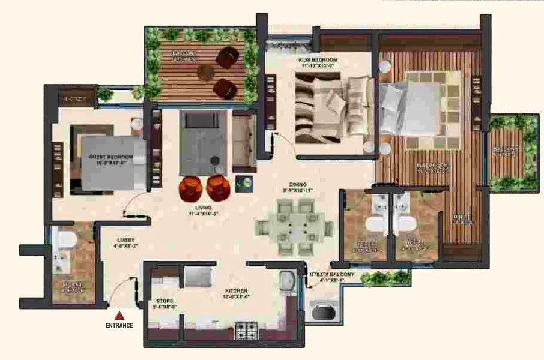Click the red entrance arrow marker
(120, 315)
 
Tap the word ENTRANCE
(120, 326)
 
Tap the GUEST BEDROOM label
(110, 158)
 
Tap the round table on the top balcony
(206, 71)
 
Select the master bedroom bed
(420, 108)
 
